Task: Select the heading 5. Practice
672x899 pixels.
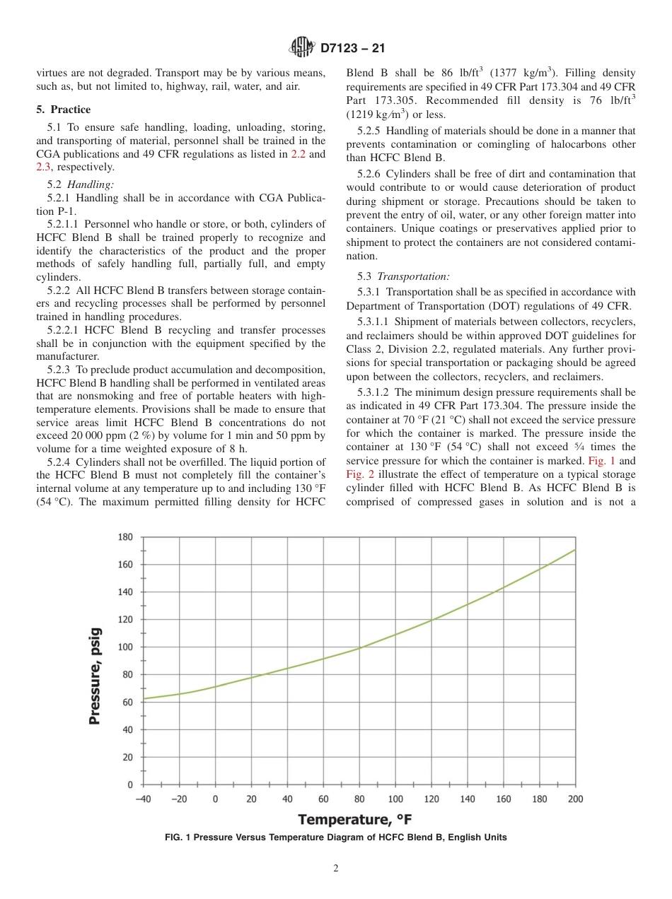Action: click(64, 110)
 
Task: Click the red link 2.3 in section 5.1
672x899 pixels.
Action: click(43, 167)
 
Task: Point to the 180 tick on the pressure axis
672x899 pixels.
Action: click(125, 537)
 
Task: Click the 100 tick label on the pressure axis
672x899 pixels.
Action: click(125, 647)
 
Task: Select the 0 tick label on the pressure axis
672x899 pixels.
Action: click(129, 785)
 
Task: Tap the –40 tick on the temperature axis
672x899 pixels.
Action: click(144, 799)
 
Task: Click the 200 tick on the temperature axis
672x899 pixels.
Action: click(575, 799)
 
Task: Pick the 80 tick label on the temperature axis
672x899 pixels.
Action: click(359, 799)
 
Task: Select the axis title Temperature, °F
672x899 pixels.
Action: click(354, 820)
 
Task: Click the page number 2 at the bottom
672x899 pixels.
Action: click(336, 869)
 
